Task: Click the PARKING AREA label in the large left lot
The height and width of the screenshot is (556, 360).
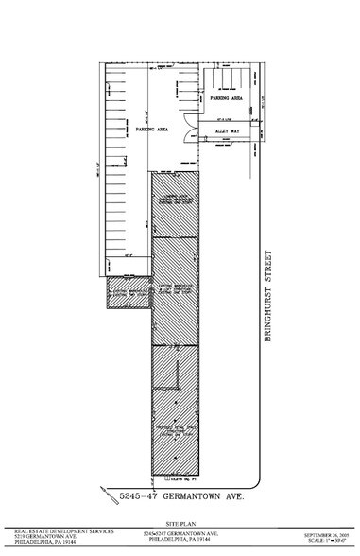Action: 150,129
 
